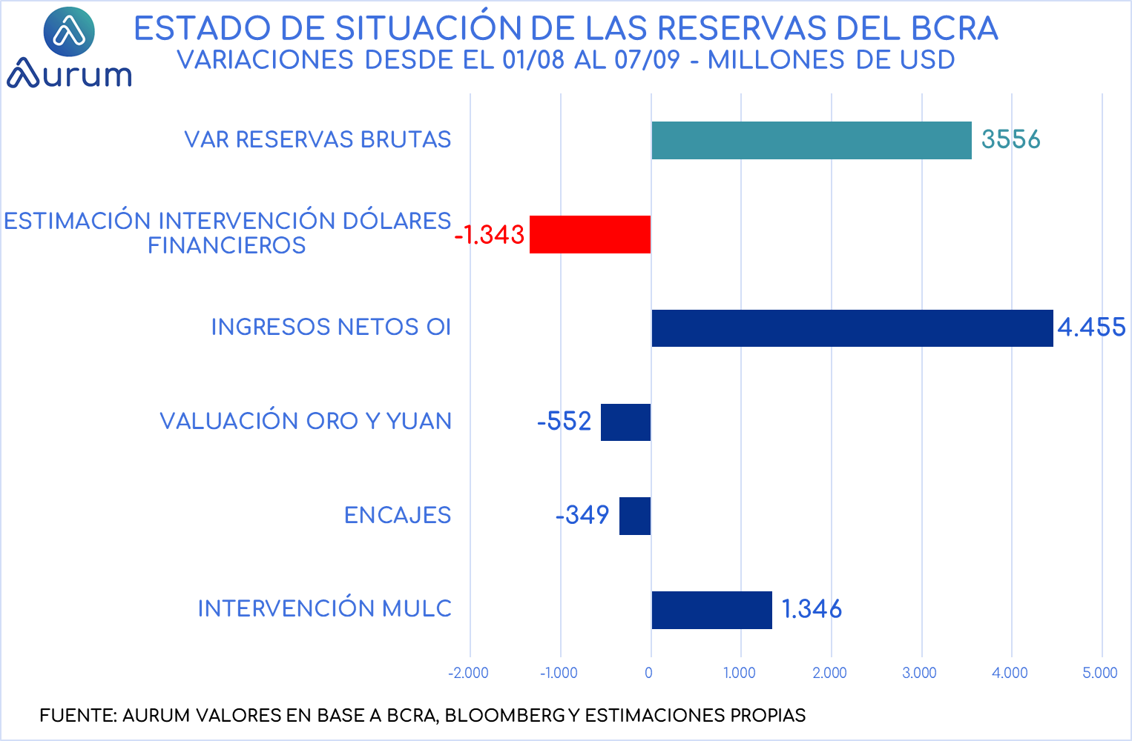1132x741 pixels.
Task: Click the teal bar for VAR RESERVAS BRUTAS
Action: pos(812,140)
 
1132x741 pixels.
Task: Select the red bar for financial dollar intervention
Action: pos(590,234)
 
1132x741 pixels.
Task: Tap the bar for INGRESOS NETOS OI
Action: pos(852,328)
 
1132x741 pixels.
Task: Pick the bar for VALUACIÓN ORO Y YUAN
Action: pos(626,422)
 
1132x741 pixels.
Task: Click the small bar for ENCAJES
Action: pos(635,516)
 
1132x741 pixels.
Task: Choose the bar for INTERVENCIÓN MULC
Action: pos(712,610)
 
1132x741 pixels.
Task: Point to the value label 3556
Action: pos(1010,139)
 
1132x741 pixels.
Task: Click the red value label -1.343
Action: pos(490,234)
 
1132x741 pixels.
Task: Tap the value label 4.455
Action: pos(1091,327)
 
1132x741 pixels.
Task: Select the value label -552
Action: pos(565,422)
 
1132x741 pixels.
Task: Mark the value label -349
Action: pos(582,515)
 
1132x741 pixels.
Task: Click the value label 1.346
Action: pos(812,609)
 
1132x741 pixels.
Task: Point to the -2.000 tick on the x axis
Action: pos(468,673)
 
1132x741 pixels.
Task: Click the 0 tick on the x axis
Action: pos(649,673)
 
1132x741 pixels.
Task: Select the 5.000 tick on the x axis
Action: pos(1099,673)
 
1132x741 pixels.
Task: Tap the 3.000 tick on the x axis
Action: pos(919,673)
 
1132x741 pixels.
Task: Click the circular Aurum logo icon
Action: pos(69,32)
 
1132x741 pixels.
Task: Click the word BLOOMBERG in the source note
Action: pos(504,716)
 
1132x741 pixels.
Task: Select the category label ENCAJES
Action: pos(398,515)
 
